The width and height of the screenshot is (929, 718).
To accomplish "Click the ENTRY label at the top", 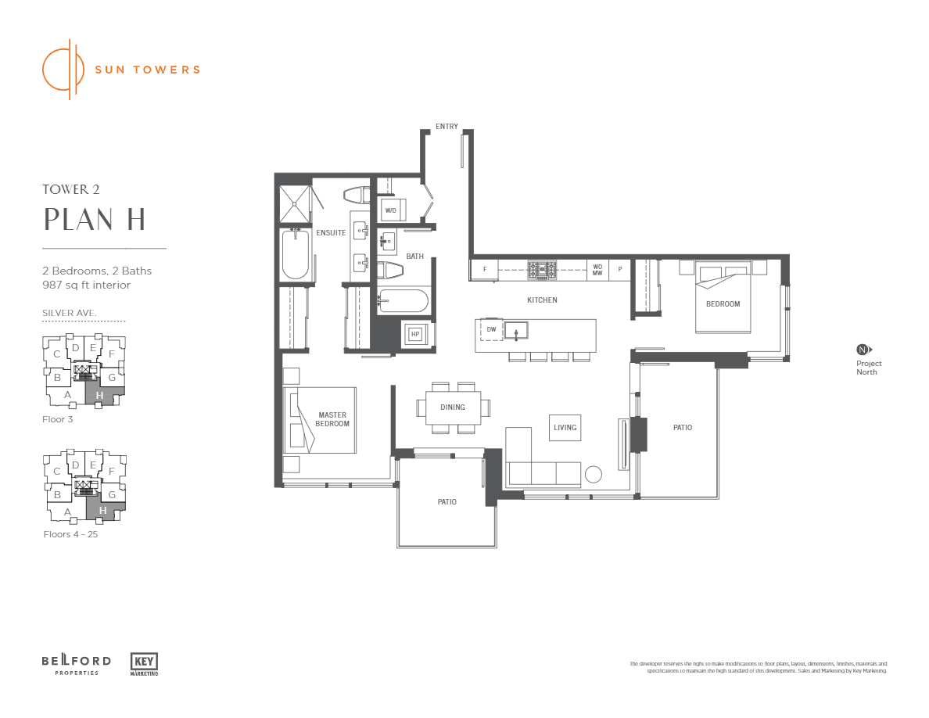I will coord(447,127).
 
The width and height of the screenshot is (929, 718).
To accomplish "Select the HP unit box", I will coord(415,334).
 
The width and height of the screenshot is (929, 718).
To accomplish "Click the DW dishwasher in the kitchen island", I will coord(491,330).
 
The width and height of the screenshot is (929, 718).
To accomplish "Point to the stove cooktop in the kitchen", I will coord(542,270).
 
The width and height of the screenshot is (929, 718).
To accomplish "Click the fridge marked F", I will coord(485,270).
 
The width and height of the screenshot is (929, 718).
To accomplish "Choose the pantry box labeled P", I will coord(620,270).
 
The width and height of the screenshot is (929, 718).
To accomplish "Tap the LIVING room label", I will coord(565,427).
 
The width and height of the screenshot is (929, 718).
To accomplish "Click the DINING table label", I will coord(453,407).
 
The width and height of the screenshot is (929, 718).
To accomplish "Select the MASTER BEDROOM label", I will coord(332,419).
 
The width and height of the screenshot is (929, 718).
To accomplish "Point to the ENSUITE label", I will coord(331,232).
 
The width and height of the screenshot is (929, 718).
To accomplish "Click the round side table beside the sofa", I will coord(593,474).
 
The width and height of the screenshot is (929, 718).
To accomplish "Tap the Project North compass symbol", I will coord(863,350).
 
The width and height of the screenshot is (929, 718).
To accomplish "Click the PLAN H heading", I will coord(95,220).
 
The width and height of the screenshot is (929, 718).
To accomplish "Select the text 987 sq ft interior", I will coord(86,285).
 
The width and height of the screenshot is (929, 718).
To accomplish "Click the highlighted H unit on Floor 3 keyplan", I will coord(100,396).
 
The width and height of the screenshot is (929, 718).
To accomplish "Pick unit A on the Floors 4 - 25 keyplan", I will coord(68,512).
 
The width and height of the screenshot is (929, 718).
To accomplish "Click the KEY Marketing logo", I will coord(144,663).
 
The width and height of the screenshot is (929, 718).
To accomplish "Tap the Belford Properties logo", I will coord(76,665).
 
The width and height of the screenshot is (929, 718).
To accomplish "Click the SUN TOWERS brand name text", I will coord(147,69).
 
